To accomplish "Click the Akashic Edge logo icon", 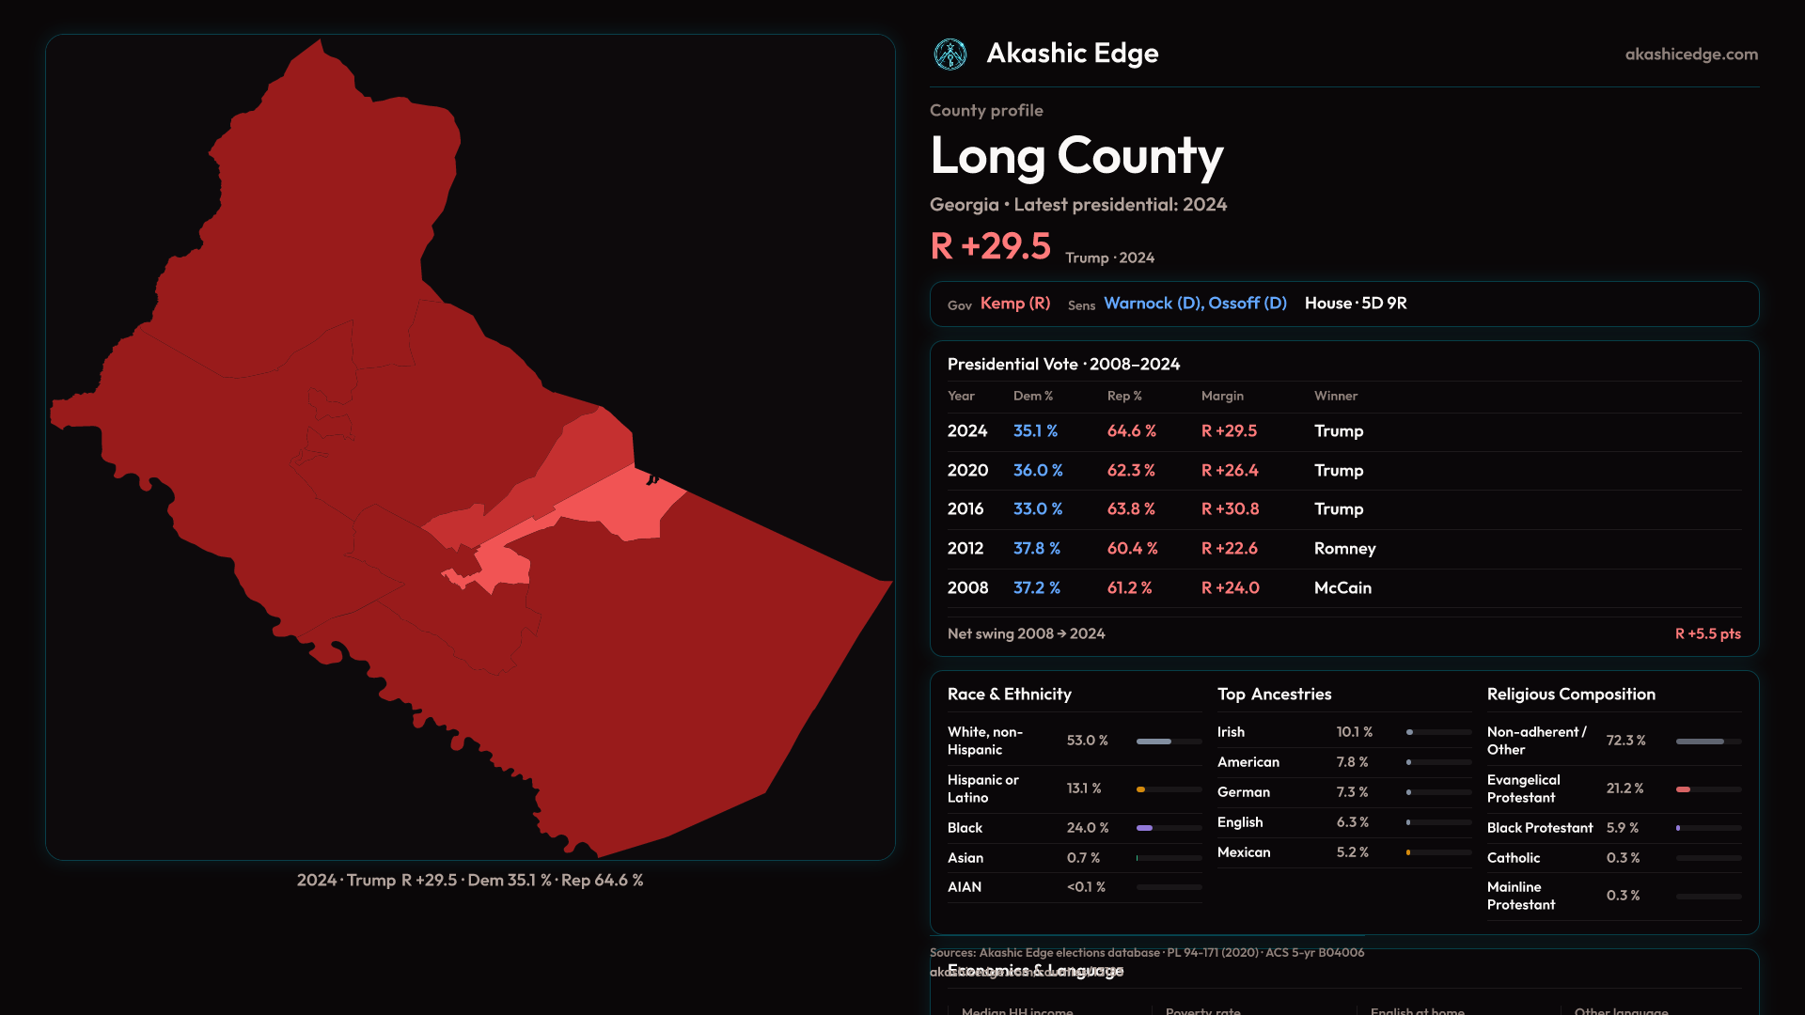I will [950, 55].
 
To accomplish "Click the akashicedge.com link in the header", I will [1691, 55].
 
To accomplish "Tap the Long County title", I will [1076, 156].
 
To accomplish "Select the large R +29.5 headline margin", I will [990, 247].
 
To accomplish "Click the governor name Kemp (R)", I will [1015, 304].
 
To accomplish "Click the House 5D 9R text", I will [1356, 304].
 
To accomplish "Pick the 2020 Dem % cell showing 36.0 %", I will [1038, 470].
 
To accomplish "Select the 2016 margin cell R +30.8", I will [1230, 509].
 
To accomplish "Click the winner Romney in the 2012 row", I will [1344, 549].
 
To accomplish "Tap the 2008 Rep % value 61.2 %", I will [1129, 588].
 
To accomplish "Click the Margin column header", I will [1222, 397].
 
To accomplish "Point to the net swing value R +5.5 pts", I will [1707, 634].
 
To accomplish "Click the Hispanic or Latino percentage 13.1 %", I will [1084, 789].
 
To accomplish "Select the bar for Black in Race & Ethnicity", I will [1169, 828].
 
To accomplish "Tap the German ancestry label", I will [1244, 792].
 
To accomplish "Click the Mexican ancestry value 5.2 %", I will [1352, 852].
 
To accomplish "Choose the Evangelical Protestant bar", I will [1708, 789].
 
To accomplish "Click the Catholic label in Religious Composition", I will [1514, 858].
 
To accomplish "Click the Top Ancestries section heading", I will [1274, 695].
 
